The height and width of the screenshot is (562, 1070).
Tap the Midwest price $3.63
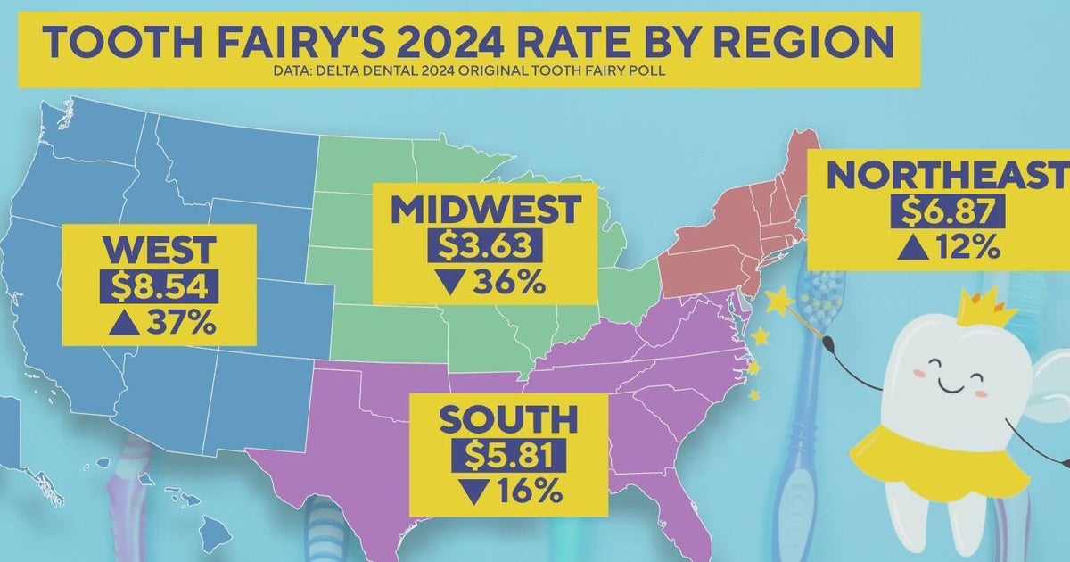click(476, 247)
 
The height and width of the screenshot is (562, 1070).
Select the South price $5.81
click(508, 455)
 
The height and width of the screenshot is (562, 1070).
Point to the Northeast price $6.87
click(949, 212)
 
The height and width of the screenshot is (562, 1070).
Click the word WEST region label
click(158, 250)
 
